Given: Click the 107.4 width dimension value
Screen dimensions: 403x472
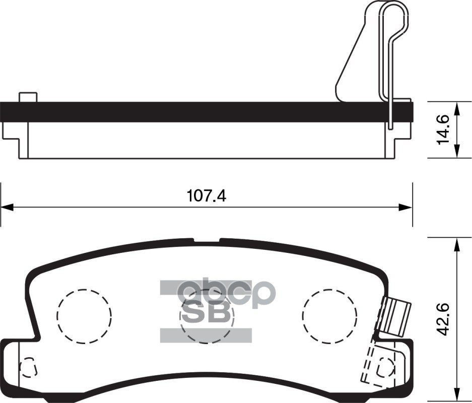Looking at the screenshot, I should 207,195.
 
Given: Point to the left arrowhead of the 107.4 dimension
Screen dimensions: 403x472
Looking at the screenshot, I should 6,207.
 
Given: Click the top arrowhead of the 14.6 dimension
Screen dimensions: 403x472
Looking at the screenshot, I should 456,107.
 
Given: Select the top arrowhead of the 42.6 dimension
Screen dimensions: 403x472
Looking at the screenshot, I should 456,244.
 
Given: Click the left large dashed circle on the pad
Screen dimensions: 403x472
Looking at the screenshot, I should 84,316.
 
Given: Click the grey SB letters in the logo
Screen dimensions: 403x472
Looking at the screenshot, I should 206,314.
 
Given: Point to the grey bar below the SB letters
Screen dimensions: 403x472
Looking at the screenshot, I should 206,335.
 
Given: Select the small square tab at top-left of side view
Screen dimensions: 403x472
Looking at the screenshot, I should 28,97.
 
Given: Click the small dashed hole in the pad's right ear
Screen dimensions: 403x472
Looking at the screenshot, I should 386,365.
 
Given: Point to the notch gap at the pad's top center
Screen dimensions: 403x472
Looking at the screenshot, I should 207,241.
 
